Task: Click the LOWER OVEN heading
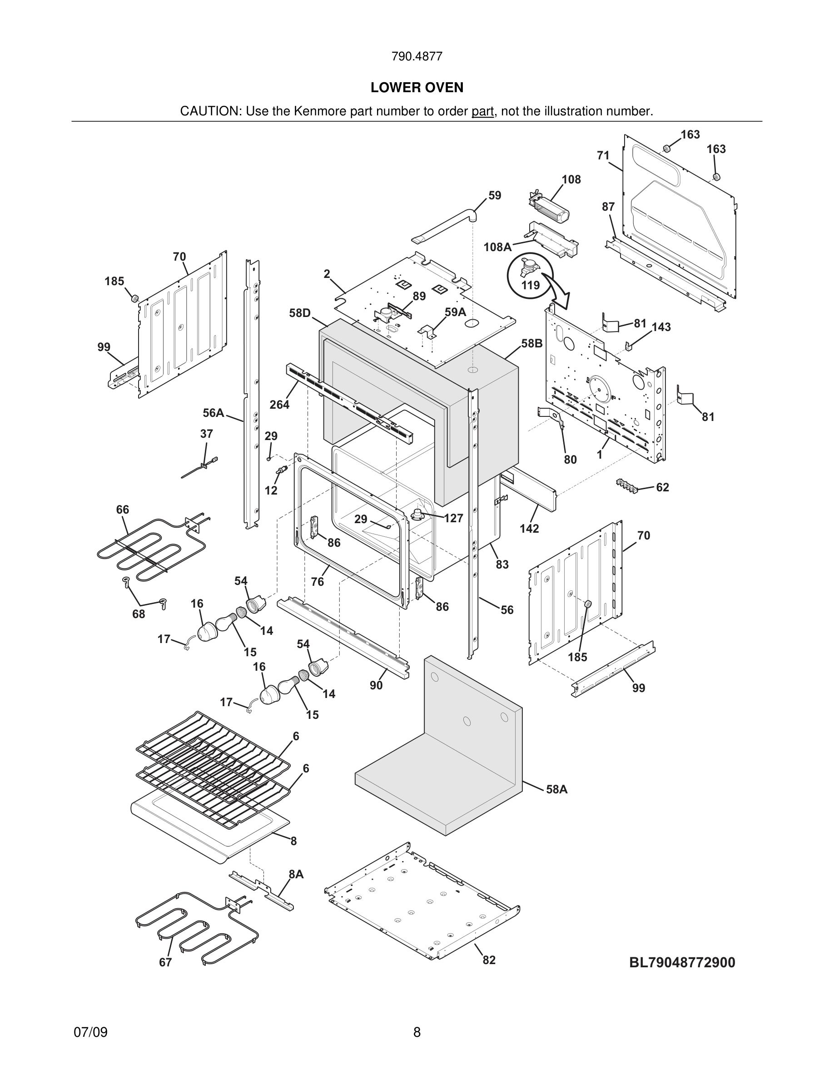click(x=417, y=88)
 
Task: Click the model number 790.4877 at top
click(x=417, y=57)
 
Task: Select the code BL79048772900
click(x=682, y=962)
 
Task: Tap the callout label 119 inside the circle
click(x=530, y=285)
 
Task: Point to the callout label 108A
click(x=497, y=247)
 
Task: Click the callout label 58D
click(x=300, y=313)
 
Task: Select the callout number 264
click(x=279, y=405)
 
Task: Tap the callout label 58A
click(x=557, y=789)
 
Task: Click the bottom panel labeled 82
click(x=420, y=904)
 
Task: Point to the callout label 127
click(x=453, y=518)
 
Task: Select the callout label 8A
click(x=296, y=874)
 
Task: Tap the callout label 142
click(x=529, y=528)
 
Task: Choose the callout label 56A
click(x=213, y=412)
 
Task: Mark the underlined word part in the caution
click(x=482, y=112)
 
